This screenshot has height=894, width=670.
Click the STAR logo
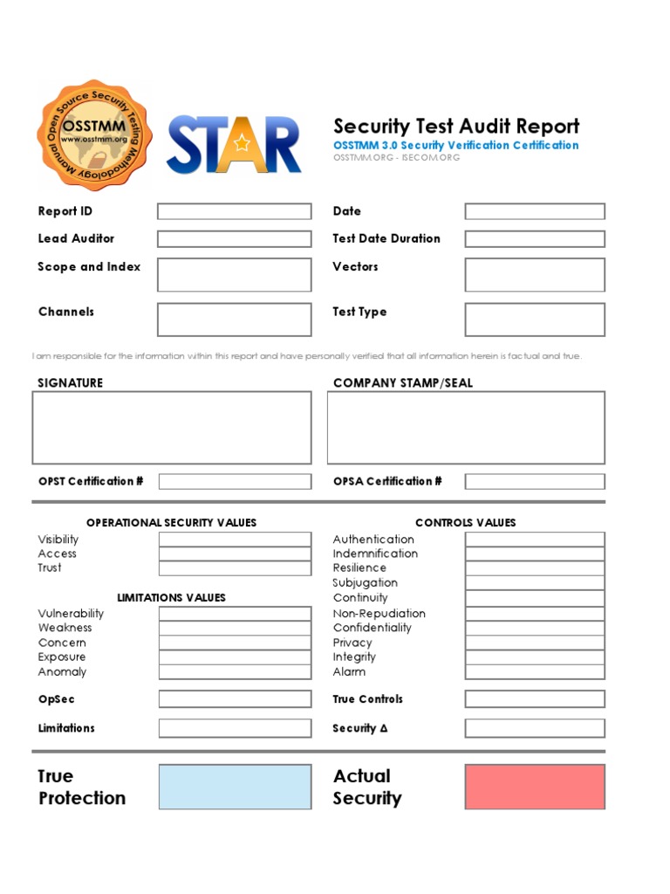pos(234,144)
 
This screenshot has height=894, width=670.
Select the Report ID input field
pos(234,211)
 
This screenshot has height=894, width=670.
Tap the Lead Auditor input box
pos(234,238)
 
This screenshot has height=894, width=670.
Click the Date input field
pos(534,211)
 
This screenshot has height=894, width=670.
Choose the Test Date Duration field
pos(534,238)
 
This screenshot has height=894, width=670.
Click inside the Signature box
pos(172,427)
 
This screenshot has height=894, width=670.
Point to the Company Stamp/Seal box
pos(466,427)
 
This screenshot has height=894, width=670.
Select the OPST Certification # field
pos(235,481)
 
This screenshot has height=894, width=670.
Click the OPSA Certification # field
pos(534,481)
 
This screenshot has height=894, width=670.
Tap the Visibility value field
pos(235,540)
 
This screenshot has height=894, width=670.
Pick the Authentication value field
pos(534,540)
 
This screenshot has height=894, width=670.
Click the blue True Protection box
pos(235,787)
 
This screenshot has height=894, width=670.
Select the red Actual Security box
pos(534,787)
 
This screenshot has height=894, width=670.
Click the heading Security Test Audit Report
pos(456,126)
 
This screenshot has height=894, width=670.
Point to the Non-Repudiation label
pos(379,613)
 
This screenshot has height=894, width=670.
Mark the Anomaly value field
pos(235,671)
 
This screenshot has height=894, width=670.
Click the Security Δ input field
pos(534,728)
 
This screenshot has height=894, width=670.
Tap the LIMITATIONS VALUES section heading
pos(171,598)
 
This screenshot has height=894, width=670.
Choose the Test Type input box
pos(534,320)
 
